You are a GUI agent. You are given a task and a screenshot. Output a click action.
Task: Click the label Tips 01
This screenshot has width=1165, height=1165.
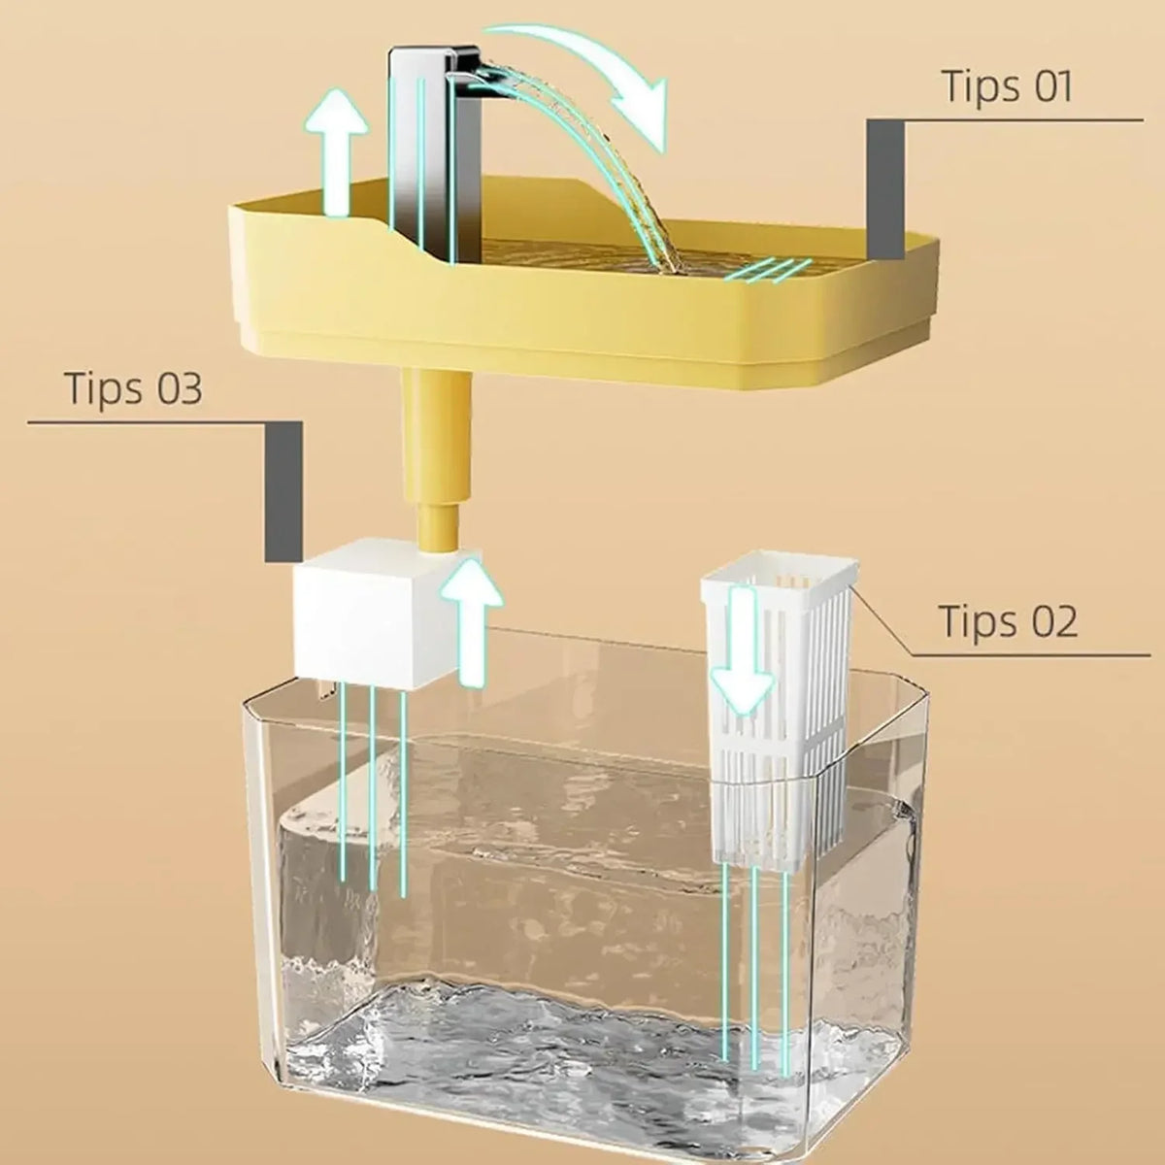pyautogui.click(x=1008, y=86)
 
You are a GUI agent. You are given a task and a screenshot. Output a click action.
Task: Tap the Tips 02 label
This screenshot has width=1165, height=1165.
pyautogui.click(x=1008, y=621)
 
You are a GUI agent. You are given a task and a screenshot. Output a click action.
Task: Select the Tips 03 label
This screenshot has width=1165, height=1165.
pyautogui.click(x=133, y=387)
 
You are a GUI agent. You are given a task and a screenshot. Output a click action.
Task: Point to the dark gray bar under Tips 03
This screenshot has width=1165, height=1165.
pyautogui.click(x=283, y=491)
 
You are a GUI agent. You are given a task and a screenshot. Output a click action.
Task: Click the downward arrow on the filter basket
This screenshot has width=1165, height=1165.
pyautogui.click(x=743, y=650)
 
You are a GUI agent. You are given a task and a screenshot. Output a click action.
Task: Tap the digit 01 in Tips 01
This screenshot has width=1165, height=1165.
pyautogui.click(x=1049, y=86)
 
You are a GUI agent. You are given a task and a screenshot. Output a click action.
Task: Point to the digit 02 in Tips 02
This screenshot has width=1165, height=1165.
pyautogui.click(x=1054, y=621)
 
